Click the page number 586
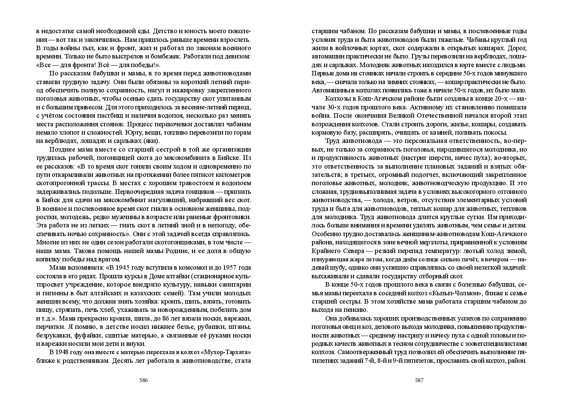point(143,380)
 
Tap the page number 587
point(419,380)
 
